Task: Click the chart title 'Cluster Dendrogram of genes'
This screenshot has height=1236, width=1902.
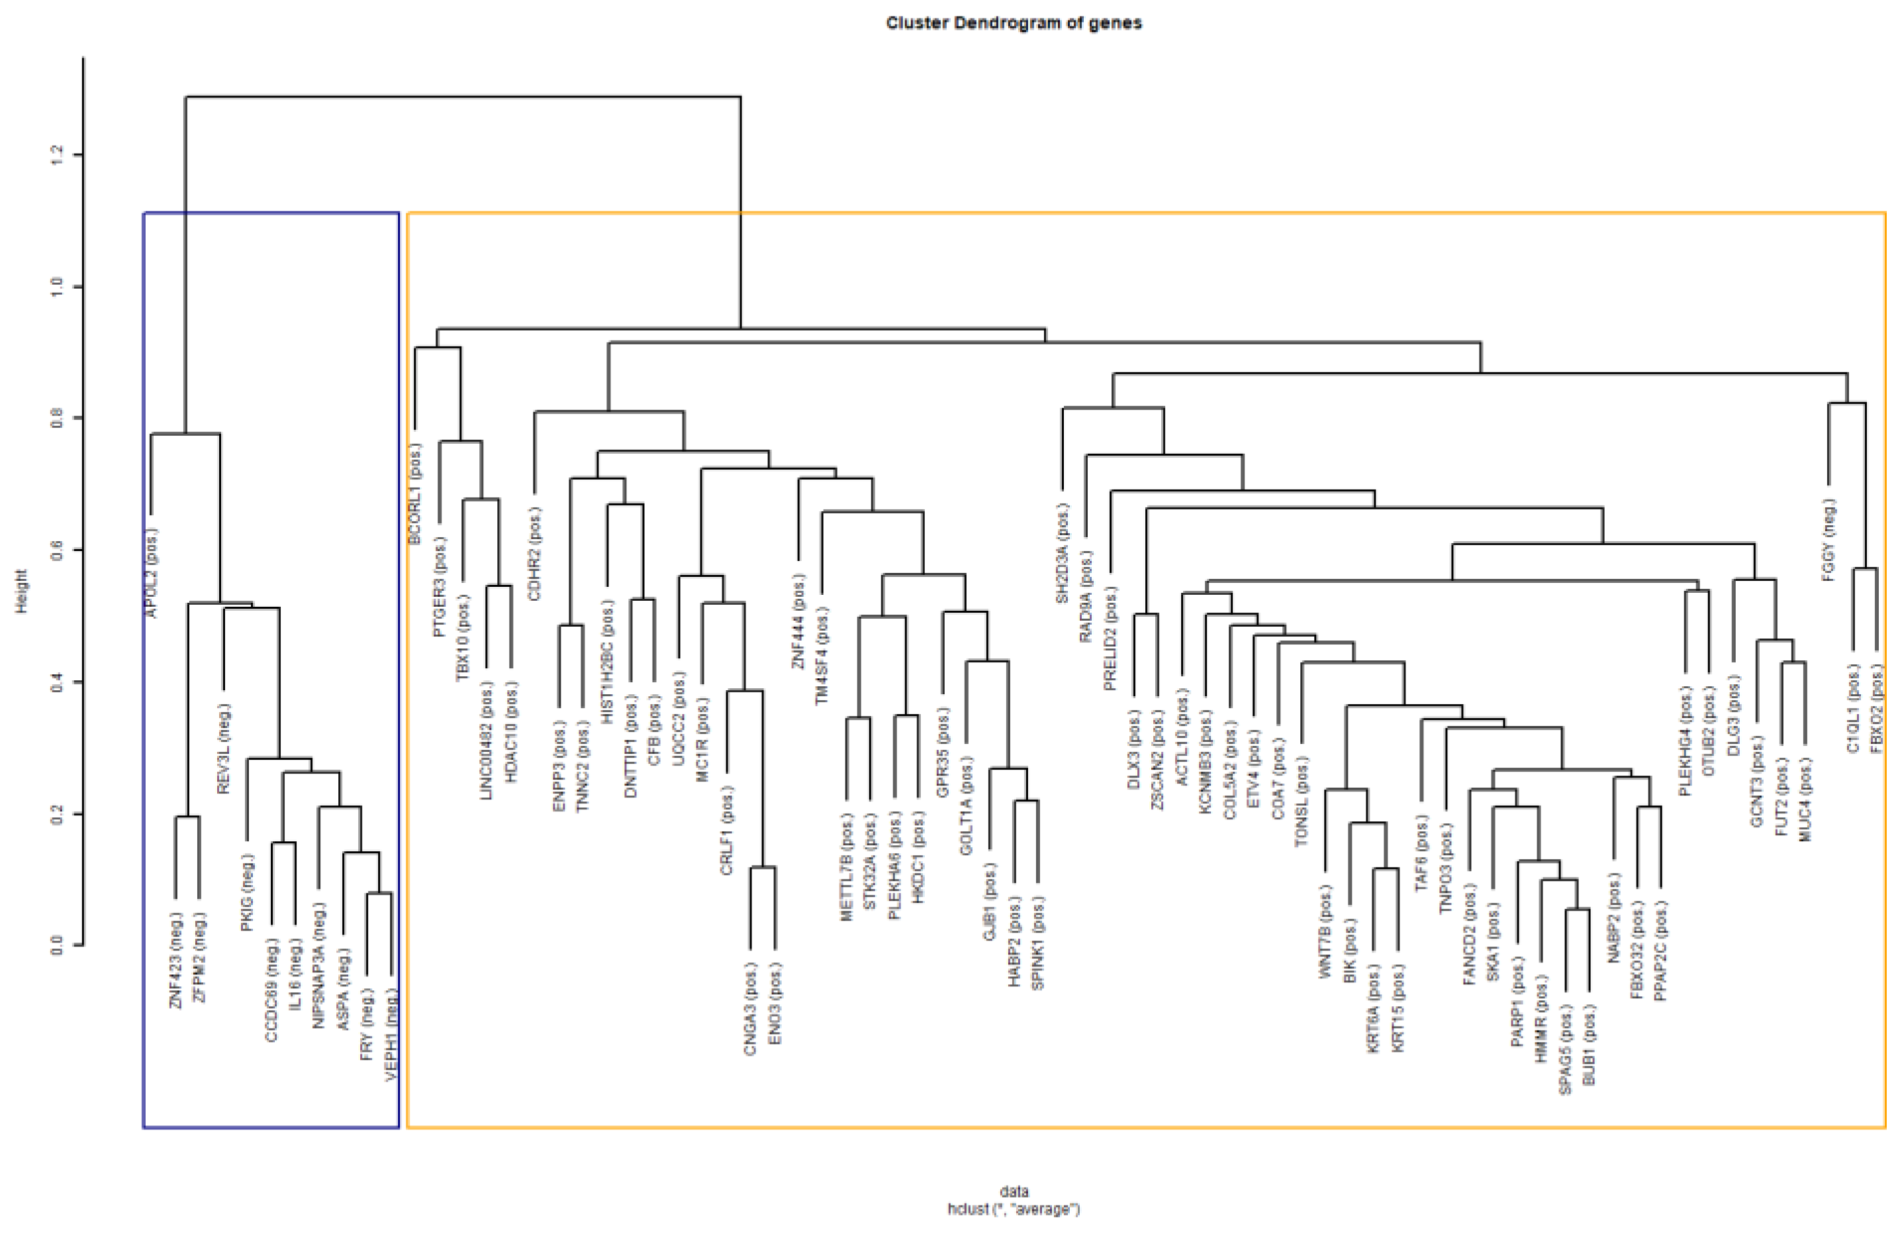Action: tap(1014, 23)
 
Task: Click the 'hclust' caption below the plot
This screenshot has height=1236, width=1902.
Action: tap(1014, 1209)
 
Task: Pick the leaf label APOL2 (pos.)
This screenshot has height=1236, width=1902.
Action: tap(152, 572)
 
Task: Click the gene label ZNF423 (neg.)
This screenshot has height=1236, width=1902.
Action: tap(177, 959)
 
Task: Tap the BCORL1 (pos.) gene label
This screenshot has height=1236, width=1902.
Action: tap(415, 493)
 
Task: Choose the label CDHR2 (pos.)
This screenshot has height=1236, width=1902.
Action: tap(535, 553)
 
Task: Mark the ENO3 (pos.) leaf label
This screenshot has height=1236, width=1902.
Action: tap(775, 1003)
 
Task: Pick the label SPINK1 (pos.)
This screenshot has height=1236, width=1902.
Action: tap(1038, 943)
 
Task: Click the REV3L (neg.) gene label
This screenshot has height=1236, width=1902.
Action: tap(224, 748)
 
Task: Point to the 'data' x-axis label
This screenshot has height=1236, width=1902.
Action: tap(1014, 1191)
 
